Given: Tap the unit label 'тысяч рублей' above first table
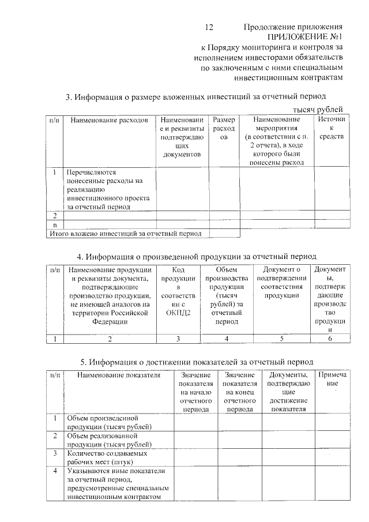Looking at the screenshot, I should (318, 109).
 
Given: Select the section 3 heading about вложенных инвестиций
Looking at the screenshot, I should (200, 96).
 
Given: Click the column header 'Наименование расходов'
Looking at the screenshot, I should (109, 120).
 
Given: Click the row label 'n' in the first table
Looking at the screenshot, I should (55, 224).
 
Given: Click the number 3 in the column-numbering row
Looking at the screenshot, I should (179, 339).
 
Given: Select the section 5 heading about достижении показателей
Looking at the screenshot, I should (197, 362).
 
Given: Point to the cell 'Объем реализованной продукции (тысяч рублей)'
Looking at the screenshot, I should (109, 440).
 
